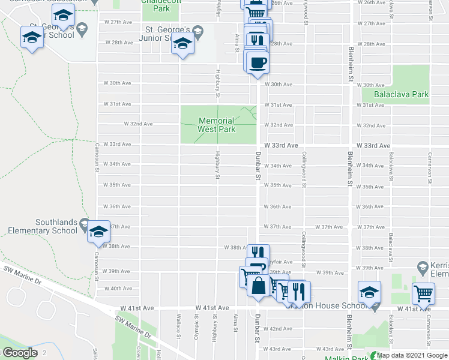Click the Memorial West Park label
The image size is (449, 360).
coord(217,125)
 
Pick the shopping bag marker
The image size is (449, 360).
coord(258,285)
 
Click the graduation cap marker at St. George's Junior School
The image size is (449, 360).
coord(182,44)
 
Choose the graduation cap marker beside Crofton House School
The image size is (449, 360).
coord(369,292)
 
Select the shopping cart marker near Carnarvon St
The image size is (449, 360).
coord(424,293)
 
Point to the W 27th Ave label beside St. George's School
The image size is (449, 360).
coord(118,22)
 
